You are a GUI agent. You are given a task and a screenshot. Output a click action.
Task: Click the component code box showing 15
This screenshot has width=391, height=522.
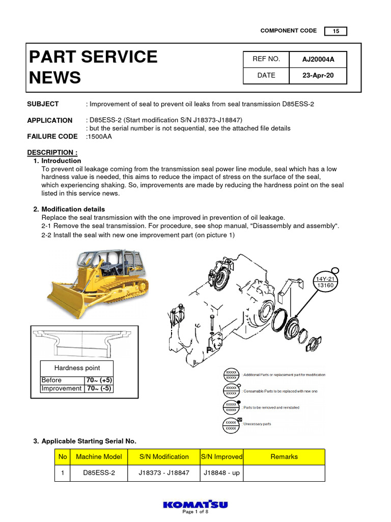(336, 31)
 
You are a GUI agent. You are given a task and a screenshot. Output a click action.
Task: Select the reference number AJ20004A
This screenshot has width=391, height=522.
(318, 59)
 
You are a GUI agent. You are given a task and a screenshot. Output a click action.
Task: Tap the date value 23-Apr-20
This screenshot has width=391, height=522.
(318, 75)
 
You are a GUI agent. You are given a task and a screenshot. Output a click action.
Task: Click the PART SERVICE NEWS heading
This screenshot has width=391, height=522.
(93, 67)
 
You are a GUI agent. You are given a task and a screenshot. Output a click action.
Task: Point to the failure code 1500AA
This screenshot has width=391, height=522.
(99, 137)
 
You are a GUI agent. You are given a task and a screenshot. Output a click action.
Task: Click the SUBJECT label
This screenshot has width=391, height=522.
(43, 104)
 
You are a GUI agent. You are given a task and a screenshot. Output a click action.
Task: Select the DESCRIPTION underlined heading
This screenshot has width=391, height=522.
(52, 152)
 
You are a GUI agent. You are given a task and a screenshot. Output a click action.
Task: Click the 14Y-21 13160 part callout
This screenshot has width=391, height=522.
(326, 282)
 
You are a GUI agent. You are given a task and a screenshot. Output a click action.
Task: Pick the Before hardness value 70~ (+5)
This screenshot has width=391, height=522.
(98, 380)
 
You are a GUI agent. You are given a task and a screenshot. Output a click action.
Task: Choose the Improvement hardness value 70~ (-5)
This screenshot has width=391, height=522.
(98, 388)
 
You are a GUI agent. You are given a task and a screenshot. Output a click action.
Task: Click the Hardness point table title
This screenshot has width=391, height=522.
(77, 368)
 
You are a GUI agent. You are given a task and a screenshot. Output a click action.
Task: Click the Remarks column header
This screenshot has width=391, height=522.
(284, 457)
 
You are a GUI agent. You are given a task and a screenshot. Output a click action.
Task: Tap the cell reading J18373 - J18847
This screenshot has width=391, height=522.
(164, 473)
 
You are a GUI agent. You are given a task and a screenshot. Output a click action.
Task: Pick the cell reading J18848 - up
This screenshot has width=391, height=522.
(221, 473)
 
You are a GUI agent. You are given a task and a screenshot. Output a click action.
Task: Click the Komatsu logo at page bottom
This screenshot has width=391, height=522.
(195, 505)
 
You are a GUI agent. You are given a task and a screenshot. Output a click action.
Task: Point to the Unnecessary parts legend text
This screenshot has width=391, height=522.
(257, 424)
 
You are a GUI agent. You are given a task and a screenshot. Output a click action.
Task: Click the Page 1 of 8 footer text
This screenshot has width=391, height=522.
(195, 512)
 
